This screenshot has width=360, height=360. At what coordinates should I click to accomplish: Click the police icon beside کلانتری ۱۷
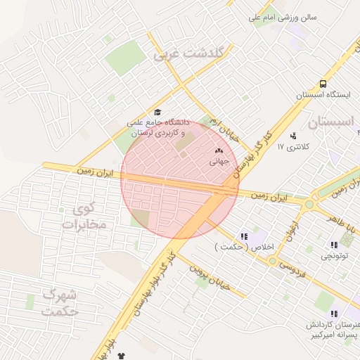point(292,135)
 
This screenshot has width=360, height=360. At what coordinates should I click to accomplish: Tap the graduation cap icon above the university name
point(157,112)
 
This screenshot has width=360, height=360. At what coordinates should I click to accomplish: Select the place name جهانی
point(219,161)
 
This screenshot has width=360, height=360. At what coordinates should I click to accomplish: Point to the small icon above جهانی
point(218,150)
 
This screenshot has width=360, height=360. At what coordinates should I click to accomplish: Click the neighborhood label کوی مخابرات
point(83,217)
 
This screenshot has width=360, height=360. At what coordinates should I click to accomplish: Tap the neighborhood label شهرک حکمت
point(59,302)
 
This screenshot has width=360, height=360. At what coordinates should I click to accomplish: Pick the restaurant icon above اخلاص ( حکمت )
point(243,236)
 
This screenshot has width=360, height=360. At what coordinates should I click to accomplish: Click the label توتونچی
point(334,257)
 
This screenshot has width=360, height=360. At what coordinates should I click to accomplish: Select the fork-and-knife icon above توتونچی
point(334,245)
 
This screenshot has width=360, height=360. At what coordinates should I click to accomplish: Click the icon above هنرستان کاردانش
point(334,314)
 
